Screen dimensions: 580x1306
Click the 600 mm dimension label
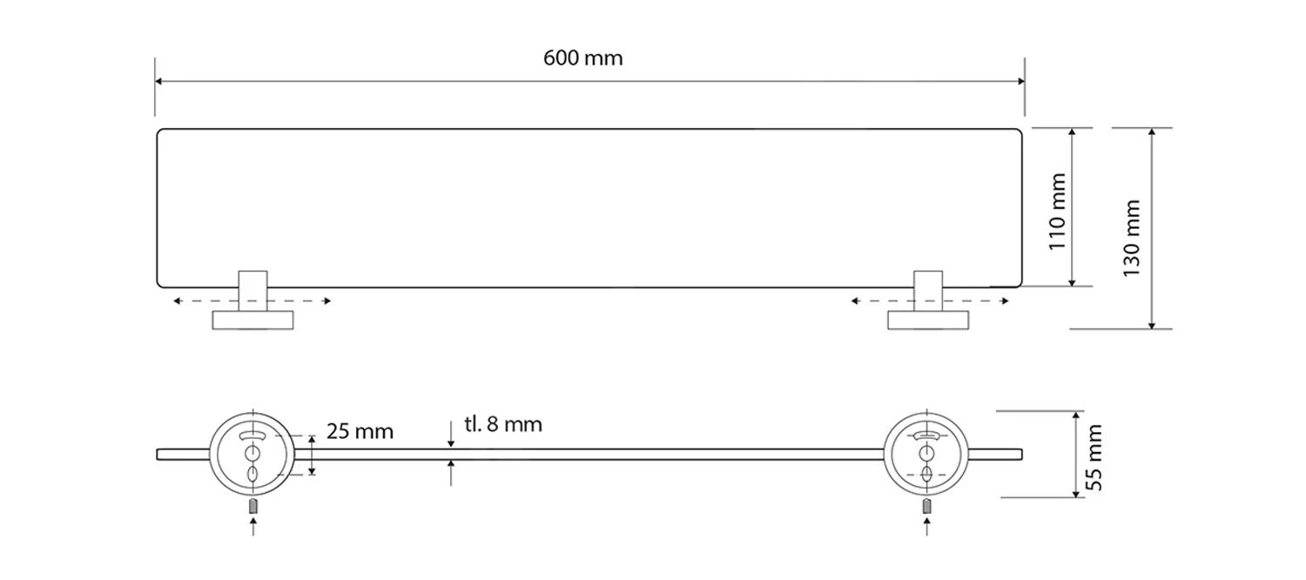(582, 58)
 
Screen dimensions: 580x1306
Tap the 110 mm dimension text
(1057, 212)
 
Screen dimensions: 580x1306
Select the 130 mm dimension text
(1131, 238)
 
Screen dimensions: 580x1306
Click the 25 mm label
(360, 431)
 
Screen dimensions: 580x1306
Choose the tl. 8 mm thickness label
(502, 424)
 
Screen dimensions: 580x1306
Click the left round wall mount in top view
(252, 320)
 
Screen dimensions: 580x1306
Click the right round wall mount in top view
(927, 320)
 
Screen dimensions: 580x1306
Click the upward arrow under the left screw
(253, 525)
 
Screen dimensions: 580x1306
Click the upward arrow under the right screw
(926, 525)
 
